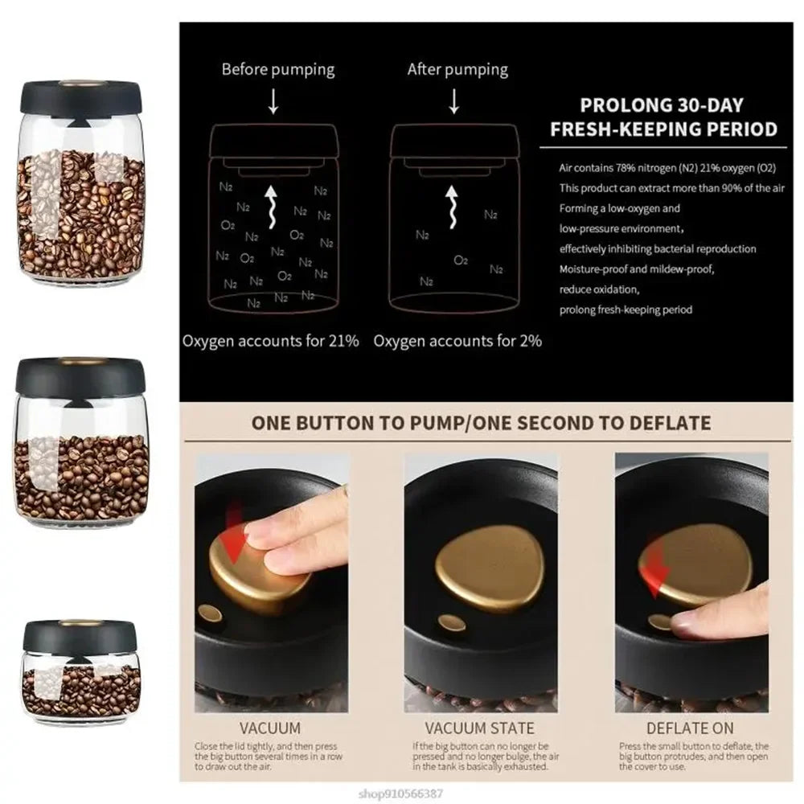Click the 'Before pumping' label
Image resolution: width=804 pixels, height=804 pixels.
277,69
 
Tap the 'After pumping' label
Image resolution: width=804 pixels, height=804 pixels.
457,69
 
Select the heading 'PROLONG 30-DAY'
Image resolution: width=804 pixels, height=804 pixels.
662,105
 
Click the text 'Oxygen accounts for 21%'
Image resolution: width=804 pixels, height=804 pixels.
270,341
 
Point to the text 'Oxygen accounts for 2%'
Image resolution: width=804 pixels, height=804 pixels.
457,341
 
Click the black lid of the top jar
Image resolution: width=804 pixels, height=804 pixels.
80,95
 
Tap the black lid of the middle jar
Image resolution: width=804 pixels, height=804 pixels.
80,375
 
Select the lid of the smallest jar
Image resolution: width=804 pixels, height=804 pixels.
80,635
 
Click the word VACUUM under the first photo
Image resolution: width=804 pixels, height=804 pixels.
271,728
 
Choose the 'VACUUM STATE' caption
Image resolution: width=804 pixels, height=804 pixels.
479,728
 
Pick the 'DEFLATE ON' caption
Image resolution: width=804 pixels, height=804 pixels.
691,728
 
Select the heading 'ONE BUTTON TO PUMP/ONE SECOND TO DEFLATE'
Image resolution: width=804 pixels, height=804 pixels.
481,423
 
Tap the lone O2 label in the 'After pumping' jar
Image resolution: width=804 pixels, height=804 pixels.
461,260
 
